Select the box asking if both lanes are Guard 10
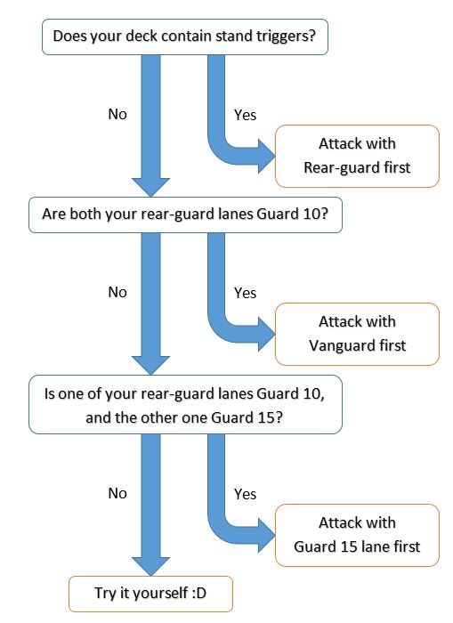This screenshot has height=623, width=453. click(x=185, y=214)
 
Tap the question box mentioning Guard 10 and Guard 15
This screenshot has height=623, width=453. click(x=185, y=403)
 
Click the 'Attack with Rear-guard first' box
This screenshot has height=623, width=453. click(x=357, y=156)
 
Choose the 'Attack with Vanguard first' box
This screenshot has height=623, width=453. click(x=357, y=334)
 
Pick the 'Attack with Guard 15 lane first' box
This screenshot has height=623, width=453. click(x=357, y=535)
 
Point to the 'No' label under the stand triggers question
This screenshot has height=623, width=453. click(x=117, y=115)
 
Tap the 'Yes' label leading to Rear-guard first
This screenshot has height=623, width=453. click(x=245, y=115)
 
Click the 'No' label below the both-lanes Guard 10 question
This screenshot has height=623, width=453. click(x=117, y=293)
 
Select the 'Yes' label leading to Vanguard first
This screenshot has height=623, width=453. click(x=245, y=293)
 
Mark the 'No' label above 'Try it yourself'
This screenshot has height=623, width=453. click(x=117, y=494)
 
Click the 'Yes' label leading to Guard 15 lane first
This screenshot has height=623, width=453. click(x=245, y=494)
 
